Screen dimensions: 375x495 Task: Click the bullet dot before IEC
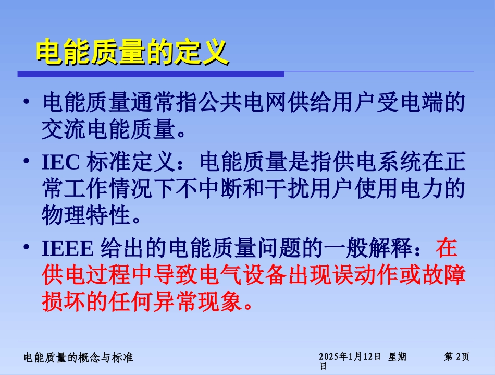tap(26, 162)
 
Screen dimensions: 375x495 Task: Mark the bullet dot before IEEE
tap(26, 248)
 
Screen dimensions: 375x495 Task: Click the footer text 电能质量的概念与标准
tap(79, 357)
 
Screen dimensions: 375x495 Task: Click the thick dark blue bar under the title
tap(151, 74)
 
